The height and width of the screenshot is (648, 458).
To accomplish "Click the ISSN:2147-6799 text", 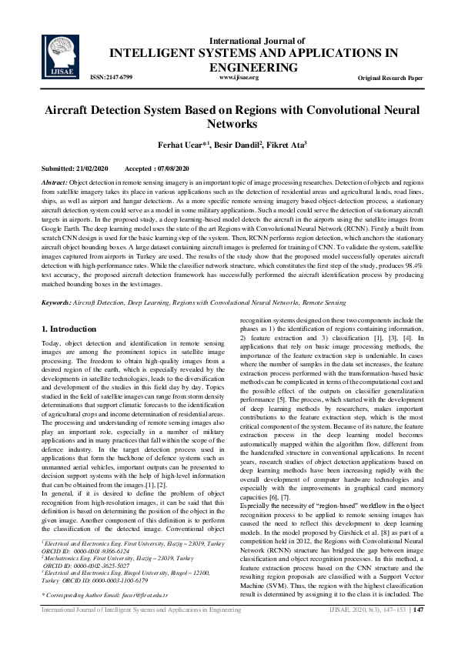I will (x=112, y=78).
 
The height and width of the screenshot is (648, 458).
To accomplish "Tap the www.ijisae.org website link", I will (x=239, y=78).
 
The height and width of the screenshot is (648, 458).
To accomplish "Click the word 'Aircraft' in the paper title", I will (x=70, y=110).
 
